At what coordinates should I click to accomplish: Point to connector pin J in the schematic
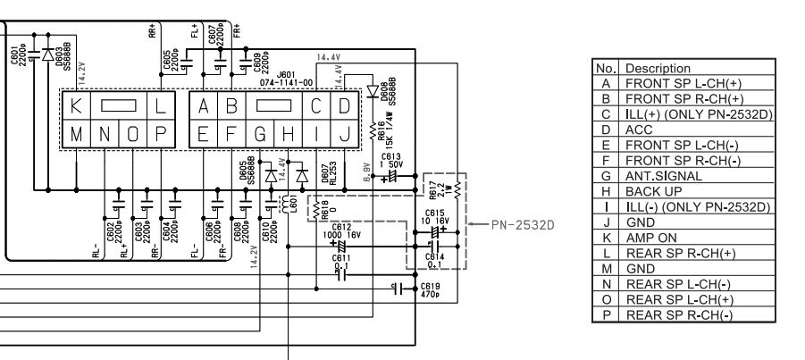[x=343, y=136]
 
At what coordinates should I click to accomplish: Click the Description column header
[x=658, y=67]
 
